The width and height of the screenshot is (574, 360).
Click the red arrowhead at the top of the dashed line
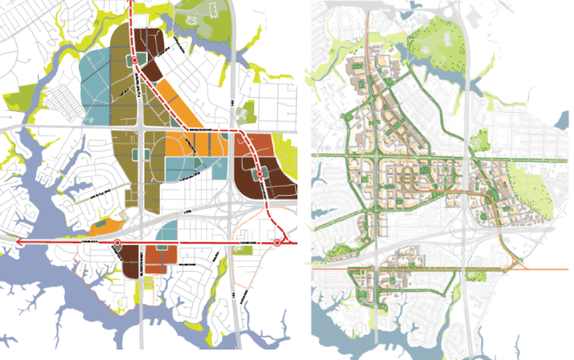132,2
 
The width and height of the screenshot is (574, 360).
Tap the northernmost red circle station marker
135,60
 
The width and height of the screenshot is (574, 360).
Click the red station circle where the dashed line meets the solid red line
277,242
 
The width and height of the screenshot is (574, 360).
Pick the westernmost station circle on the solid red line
117,242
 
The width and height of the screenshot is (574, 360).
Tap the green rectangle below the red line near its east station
244,250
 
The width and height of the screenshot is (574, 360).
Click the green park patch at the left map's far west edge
17,96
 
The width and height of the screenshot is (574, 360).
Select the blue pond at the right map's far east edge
563,121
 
